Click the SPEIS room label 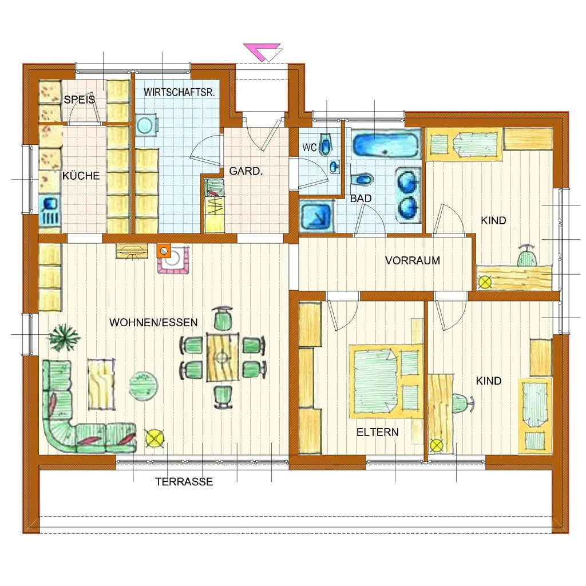pyautogui.click(x=79, y=100)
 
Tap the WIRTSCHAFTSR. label pyautogui.click(x=179, y=92)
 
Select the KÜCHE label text pyautogui.click(x=81, y=176)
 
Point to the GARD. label pyautogui.click(x=246, y=171)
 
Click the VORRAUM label pyautogui.click(x=413, y=260)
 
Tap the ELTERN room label pyautogui.click(x=378, y=433)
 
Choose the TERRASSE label pyautogui.click(x=184, y=481)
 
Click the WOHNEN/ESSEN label pyautogui.click(x=153, y=322)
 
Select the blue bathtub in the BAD pyautogui.click(x=386, y=144)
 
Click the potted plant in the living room pyautogui.click(x=64, y=337)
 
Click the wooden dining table pyautogui.click(x=223, y=358)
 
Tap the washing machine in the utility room pyautogui.click(x=146, y=125)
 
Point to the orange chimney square pyautogui.click(x=164, y=251)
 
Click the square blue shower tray pyautogui.click(x=317, y=216)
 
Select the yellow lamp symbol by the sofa pyautogui.click(x=155, y=438)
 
